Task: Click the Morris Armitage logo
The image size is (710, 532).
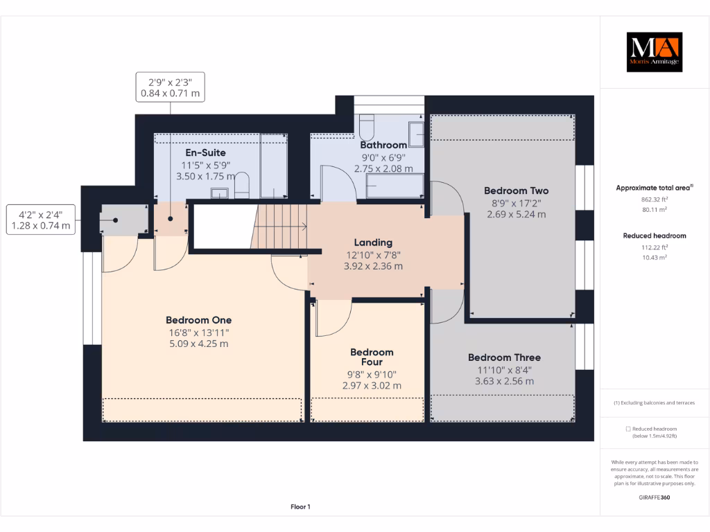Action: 655,52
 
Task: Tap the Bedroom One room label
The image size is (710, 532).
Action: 198,320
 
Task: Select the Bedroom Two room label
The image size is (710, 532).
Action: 516,190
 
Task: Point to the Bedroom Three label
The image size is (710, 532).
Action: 504,357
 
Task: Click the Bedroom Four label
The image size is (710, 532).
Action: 372,357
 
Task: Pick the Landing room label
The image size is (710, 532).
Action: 373,242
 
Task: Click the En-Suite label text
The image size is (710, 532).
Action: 205,152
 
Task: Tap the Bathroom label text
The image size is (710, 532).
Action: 383,145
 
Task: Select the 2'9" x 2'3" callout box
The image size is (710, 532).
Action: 171,87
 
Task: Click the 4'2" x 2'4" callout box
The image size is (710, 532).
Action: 41,219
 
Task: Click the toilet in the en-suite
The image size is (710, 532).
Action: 241,186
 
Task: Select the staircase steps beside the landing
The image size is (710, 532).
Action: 281,226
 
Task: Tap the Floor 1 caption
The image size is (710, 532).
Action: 300,507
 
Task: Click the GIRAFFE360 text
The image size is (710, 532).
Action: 655,497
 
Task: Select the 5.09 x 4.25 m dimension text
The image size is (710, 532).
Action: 198,344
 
